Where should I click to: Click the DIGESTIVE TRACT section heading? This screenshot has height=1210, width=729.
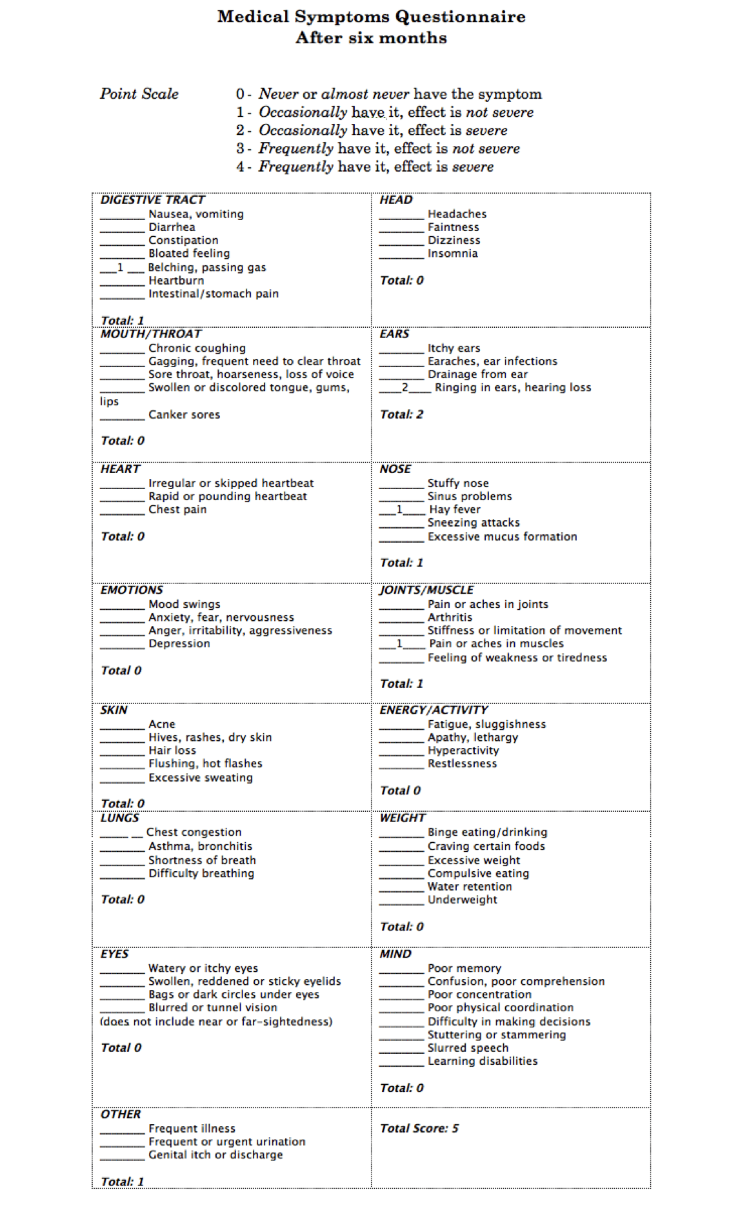pyautogui.click(x=152, y=200)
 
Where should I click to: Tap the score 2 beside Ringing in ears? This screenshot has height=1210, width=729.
pyautogui.click(x=404, y=387)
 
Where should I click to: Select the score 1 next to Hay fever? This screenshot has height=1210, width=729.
pyautogui.click(x=399, y=509)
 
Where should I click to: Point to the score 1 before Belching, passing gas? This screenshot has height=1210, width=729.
pyautogui.click(x=120, y=267)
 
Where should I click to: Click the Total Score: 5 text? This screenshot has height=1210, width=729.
pyautogui.click(x=419, y=1128)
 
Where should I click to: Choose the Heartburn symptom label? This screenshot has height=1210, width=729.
pyautogui.click(x=176, y=281)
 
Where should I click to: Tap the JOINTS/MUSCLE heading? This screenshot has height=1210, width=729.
pyautogui.click(x=426, y=590)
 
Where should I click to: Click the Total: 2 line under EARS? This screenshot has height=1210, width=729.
pyautogui.click(x=401, y=414)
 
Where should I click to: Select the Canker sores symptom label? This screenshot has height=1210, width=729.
pyautogui.click(x=184, y=414)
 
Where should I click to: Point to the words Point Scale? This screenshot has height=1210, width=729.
pyautogui.click(x=139, y=94)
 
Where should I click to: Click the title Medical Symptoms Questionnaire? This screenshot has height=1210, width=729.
pyautogui.click(x=371, y=17)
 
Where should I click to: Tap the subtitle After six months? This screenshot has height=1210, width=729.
pyautogui.click(x=371, y=38)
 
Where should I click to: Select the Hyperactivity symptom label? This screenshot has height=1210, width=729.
pyautogui.click(x=463, y=751)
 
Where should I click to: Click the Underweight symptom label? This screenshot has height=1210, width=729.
pyautogui.click(x=463, y=900)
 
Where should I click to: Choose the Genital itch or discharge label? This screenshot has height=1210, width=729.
pyautogui.click(x=215, y=1155)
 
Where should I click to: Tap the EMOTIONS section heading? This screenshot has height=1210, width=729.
pyautogui.click(x=132, y=590)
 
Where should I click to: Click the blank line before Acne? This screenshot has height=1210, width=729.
pyautogui.click(x=123, y=728)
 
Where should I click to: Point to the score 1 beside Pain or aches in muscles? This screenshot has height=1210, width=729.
pyautogui.click(x=399, y=643)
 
